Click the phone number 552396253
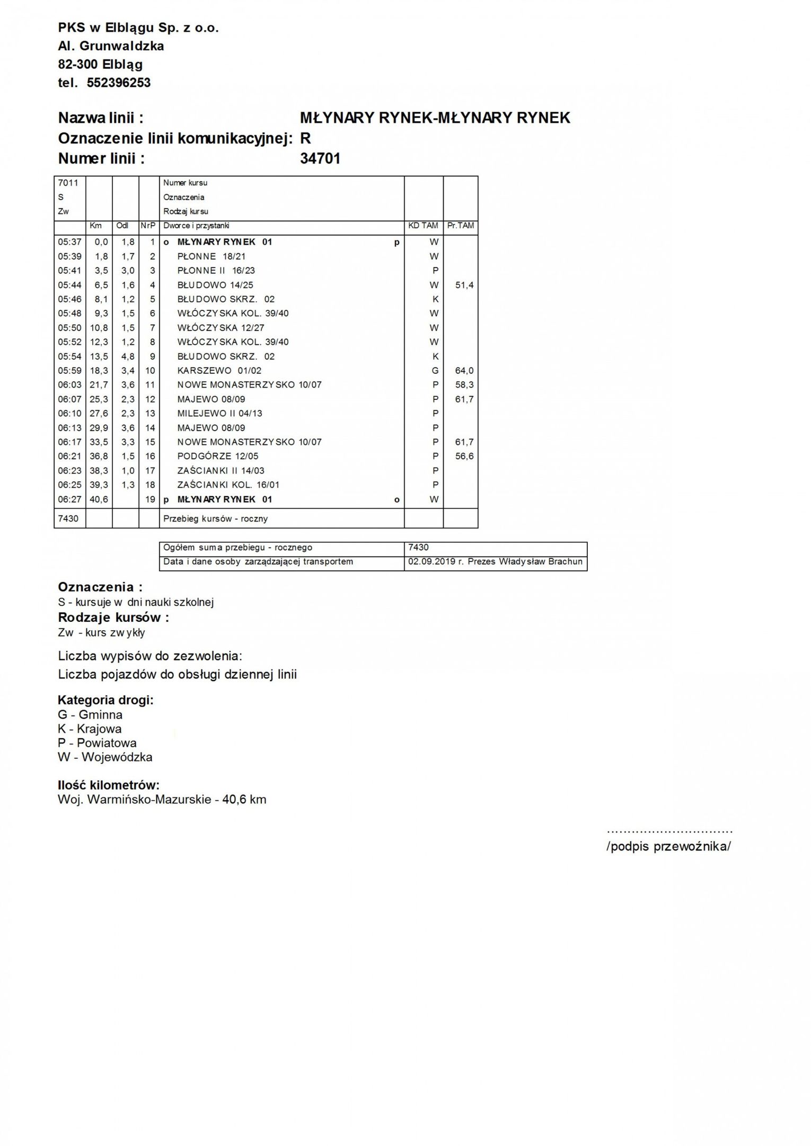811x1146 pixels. pos(118,83)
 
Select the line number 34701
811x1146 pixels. pos(320,158)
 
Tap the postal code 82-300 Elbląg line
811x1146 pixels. pos(100,65)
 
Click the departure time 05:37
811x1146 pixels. pos(69,242)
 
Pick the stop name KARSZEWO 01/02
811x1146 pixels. pos(219,371)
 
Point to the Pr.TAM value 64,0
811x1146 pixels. pos(464,371)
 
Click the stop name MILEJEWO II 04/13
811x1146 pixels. pos(219,414)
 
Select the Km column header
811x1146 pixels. pos(95,226)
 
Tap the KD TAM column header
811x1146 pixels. pos(423,226)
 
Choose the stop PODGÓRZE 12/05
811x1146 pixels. pos(218,456)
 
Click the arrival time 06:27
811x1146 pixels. pos(69,499)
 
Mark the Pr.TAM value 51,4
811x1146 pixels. pos(464,285)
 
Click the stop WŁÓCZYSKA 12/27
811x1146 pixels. pos(221,328)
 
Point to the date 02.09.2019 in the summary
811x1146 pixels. pos(431,562)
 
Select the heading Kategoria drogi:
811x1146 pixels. pos(105,700)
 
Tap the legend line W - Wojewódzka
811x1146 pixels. pos(105,757)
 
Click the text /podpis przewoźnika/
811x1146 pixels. pos(668,846)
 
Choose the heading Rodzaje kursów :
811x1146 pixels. pos(113,617)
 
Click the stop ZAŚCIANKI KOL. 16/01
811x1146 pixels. pos(228,485)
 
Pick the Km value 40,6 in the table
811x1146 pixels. pos(99,499)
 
